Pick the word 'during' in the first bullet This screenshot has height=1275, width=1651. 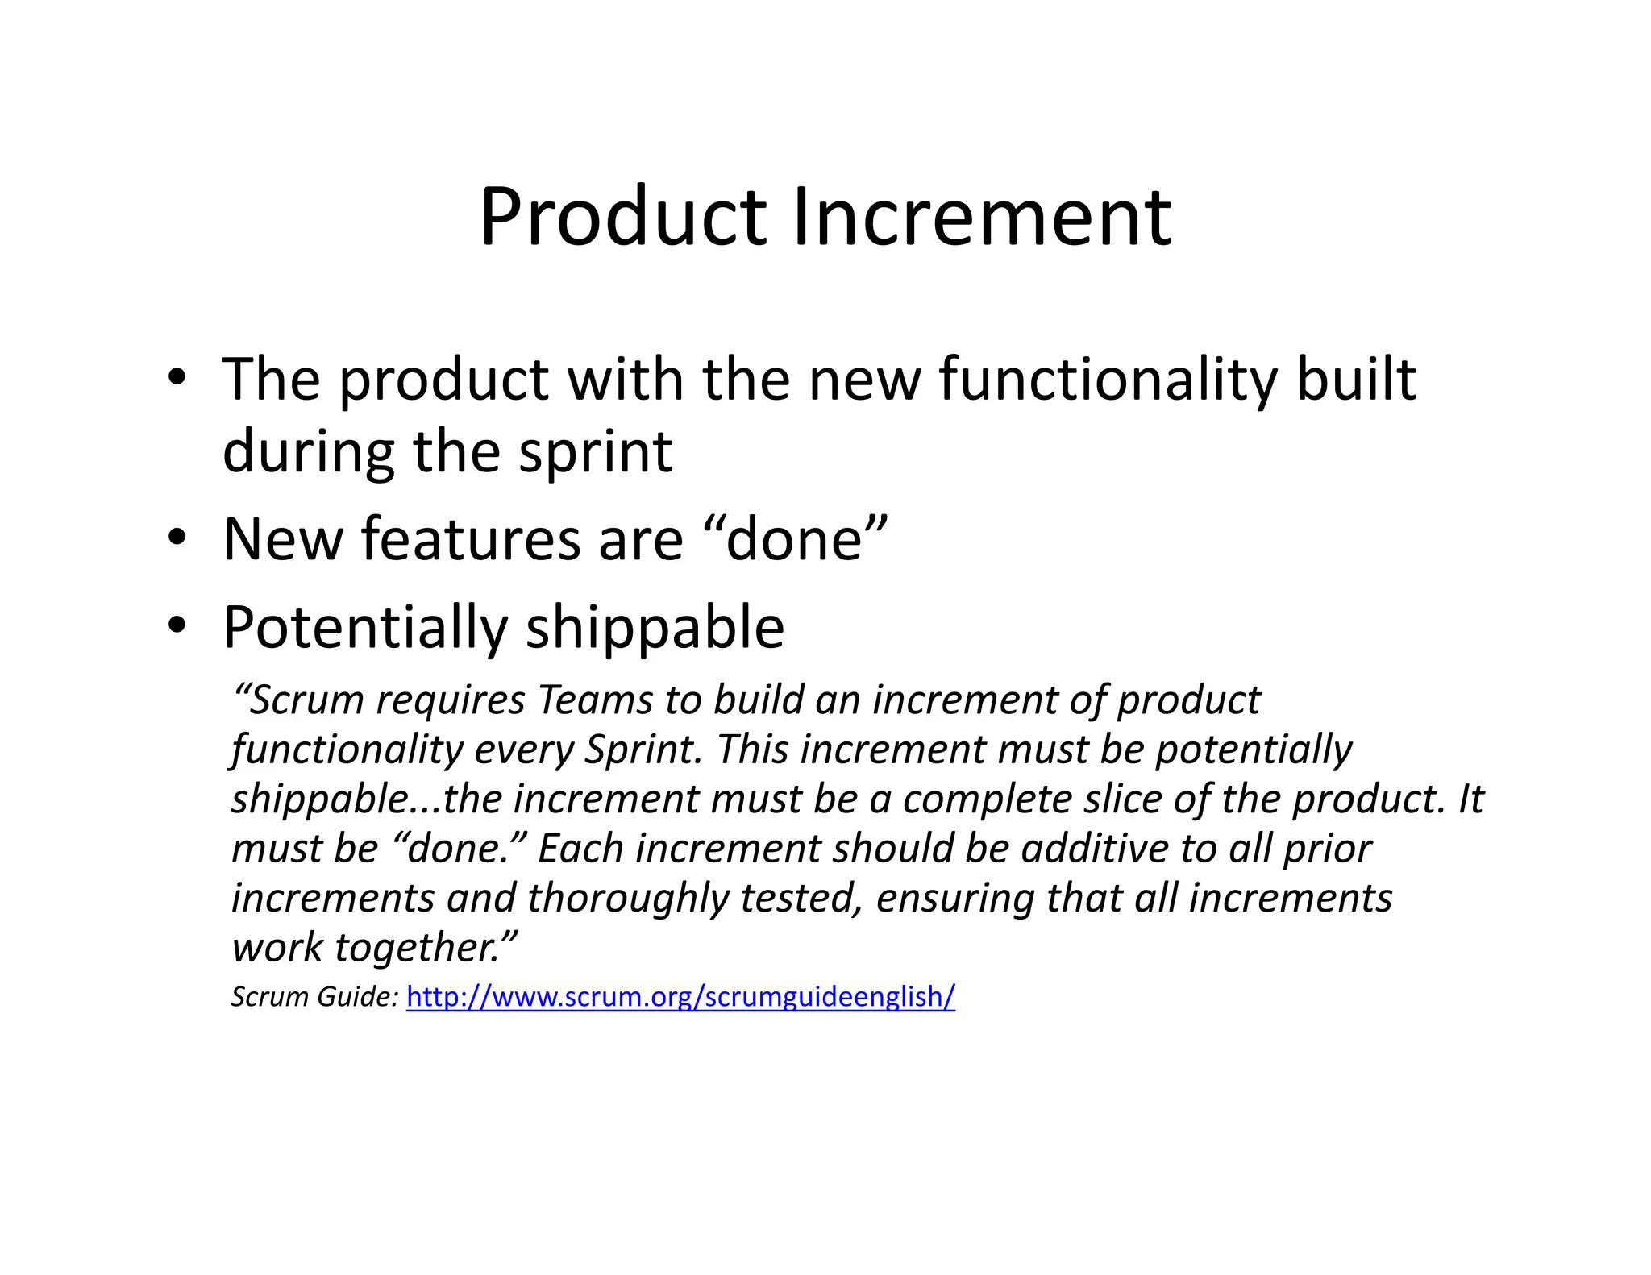point(308,453)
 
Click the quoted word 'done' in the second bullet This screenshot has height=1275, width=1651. point(795,539)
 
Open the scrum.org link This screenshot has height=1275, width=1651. point(680,997)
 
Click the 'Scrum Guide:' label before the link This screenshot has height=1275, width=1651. point(314,997)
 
